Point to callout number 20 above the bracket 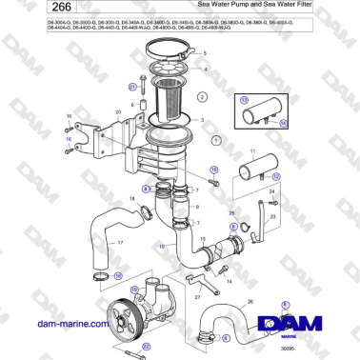(117, 112)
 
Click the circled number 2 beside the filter (203, 97)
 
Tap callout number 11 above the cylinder (252, 151)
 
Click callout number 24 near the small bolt (272, 191)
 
